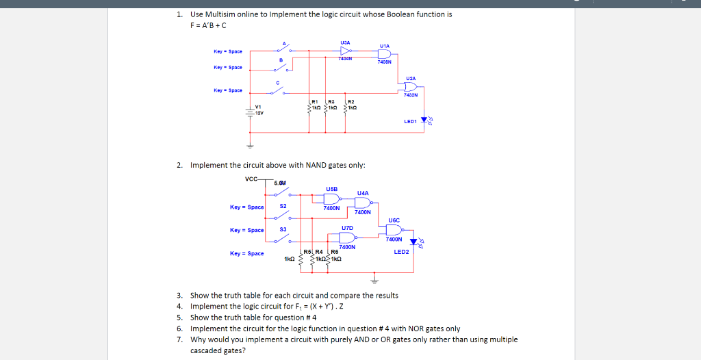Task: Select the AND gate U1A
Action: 385,53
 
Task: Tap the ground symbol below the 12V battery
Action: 250,146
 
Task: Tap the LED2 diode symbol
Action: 413,242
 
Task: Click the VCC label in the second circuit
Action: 252,179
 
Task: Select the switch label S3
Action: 283,229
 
